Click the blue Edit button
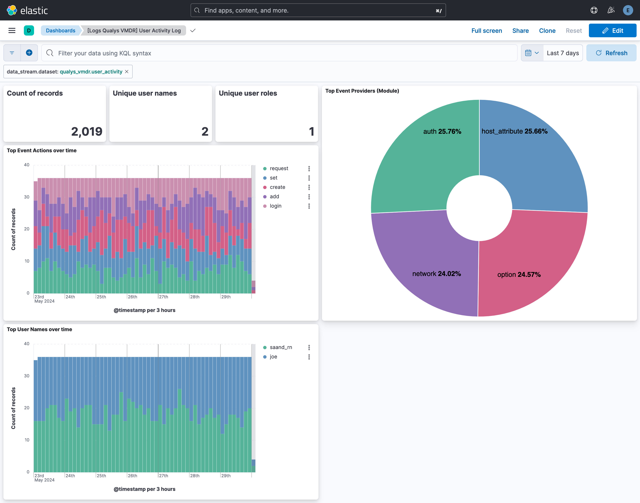point(612,31)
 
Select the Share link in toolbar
point(520,31)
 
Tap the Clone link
point(547,31)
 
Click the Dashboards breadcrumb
point(60,31)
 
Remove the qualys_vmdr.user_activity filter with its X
point(127,72)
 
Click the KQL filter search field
point(280,53)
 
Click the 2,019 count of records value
point(87,131)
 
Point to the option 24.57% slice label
point(519,274)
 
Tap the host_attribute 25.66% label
point(514,131)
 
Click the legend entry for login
point(275,206)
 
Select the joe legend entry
point(273,357)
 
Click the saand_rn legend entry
point(281,347)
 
